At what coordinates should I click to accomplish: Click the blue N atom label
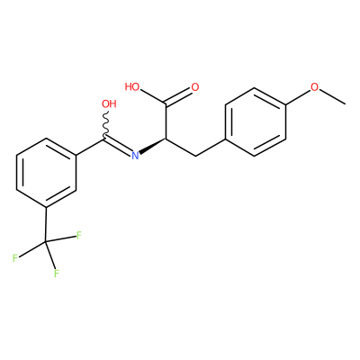tap(136, 156)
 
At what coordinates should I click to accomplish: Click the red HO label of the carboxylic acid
tap(132, 87)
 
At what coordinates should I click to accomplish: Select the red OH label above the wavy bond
tap(109, 103)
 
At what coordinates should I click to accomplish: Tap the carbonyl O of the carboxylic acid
tap(195, 87)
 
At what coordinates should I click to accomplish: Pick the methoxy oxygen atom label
tap(314, 87)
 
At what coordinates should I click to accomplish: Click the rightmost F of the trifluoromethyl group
tap(79, 235)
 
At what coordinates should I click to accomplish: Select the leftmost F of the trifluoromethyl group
tap(15, 258)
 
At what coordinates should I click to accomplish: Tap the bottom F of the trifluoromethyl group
tap(56, 274)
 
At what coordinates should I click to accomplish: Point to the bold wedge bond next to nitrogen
tap(152, 146)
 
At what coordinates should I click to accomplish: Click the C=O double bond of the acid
tap(178, 96)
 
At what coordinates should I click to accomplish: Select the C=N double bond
tap(119, 147)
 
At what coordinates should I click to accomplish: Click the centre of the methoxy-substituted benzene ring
tap(255, 121)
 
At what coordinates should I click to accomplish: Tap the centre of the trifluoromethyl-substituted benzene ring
tap(46, 173)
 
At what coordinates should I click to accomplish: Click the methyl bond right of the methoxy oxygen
tap(332, 97)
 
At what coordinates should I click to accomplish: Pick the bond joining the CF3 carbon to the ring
tap(46, 224)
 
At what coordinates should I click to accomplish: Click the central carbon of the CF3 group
tap(46, 241)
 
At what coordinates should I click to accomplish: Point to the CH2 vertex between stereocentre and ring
tap(195, 156)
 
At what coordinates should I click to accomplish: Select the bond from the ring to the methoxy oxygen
tap(298, 97)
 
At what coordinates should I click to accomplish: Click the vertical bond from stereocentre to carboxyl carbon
tap(166, 121)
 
